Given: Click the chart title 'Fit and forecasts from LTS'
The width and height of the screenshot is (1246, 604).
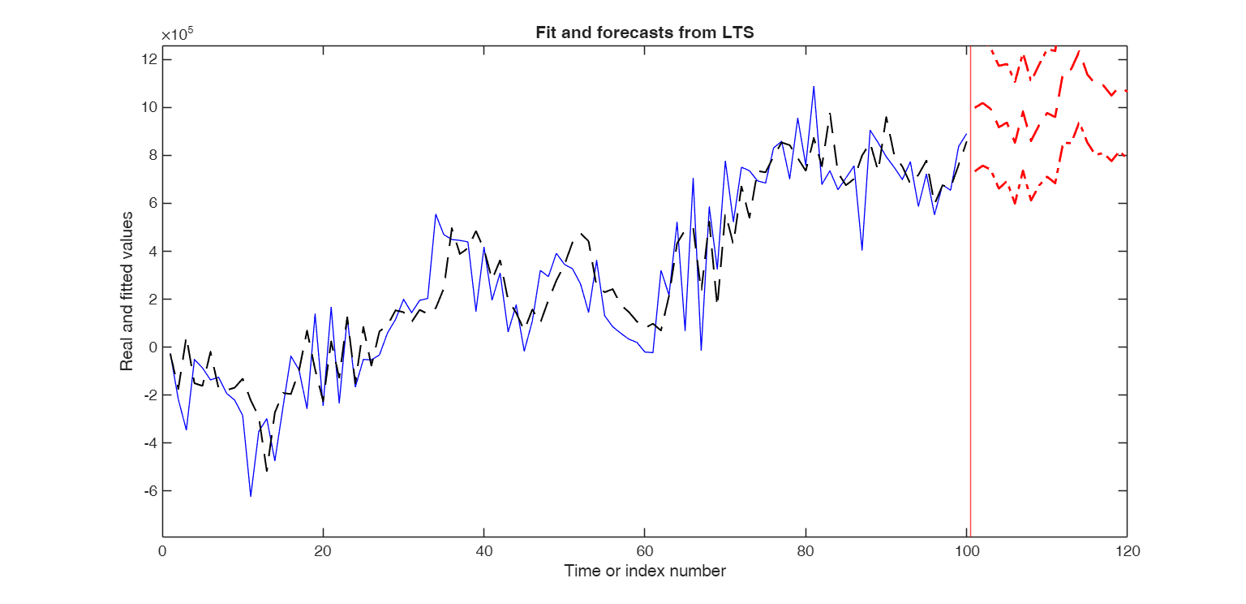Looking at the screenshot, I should pyautogui.click(x=645, y=33).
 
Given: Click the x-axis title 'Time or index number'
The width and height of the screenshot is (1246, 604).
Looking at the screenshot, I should pyautogui.click(x=645, y=571).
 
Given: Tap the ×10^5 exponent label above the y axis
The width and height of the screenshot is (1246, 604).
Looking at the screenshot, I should pyautogui.click(x=177, y=35).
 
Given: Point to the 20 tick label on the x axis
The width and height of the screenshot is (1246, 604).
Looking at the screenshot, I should pyautogui.click(x=323, y=551).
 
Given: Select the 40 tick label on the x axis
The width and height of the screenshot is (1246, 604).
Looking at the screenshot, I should pyautogui.click(x=483, y=551).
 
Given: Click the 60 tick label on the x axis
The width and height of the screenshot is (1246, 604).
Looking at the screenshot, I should pyautogui.click(x=644, y=551).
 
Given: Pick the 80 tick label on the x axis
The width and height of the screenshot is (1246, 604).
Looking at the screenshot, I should pyautogui.click(x=805, y=551).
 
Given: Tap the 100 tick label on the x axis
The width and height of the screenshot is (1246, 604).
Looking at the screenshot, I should pyautogui.click(x=965, y=551).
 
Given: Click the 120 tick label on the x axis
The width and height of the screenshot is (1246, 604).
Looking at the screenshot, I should pyautogui.click(x=1127, y=551).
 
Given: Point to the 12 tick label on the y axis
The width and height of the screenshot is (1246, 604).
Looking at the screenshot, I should pyautogui.click(x=149, y=59).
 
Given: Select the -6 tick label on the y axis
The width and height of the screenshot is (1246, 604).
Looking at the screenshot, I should pyautogui.click(x=148, y=490).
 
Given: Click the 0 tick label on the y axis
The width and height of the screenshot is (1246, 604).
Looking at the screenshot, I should pyautogui.click(x=152, y=347).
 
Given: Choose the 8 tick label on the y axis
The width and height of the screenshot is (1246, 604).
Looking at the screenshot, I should pyautogui.click(x=152, y=155).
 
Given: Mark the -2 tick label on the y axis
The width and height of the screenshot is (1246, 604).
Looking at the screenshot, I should pyautogui.click(x=148, y=395).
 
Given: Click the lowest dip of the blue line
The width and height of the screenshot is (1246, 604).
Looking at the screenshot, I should pyautogui.click(x=251, y=495).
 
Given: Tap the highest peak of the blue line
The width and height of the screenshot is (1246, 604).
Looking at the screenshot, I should pyautogui.click(x=813, y=86).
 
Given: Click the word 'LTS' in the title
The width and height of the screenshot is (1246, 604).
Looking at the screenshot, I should pyautogui.click(x=739, y=33).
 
